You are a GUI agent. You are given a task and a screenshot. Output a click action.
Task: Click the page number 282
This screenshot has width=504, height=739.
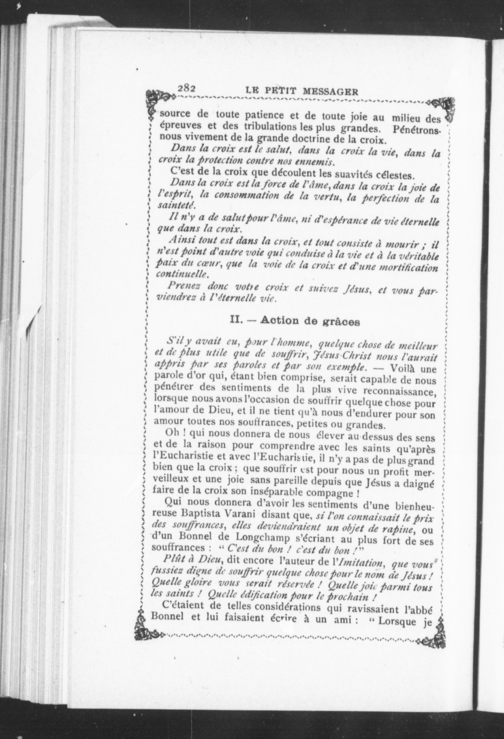(186, 88)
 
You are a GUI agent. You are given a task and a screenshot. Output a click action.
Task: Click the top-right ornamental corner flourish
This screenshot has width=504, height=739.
(445, 108)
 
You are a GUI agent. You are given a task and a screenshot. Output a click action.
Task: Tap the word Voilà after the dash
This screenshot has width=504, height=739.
(403, 370)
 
